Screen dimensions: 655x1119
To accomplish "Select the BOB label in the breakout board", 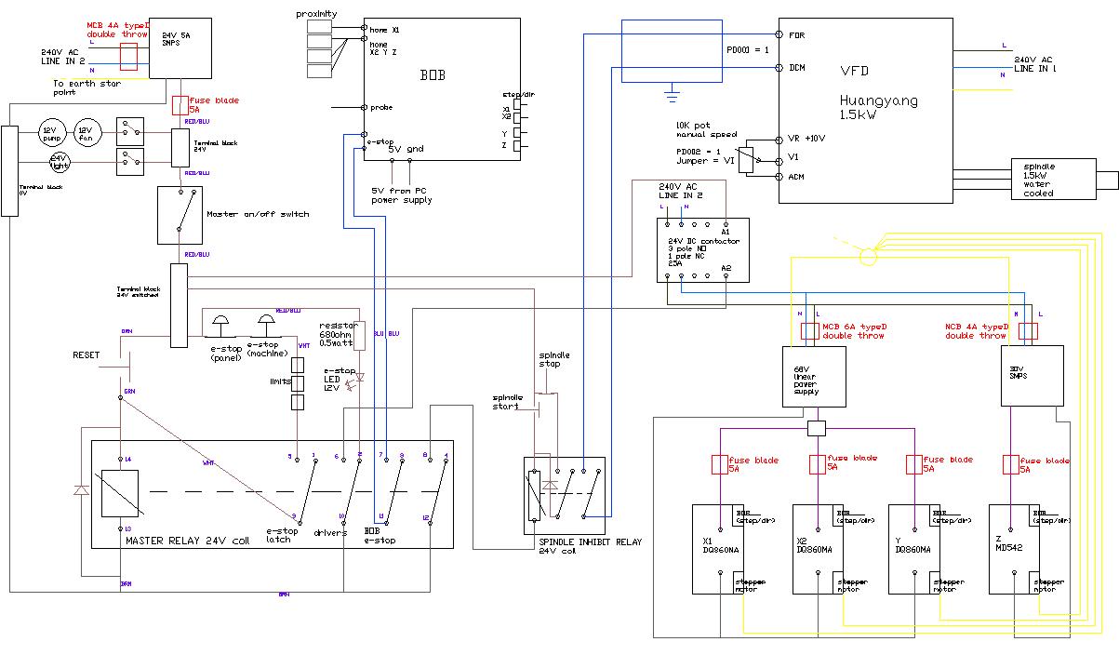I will click(432, 74).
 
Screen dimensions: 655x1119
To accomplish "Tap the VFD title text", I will click(853, 70).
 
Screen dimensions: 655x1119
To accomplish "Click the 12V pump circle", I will click(49, 131).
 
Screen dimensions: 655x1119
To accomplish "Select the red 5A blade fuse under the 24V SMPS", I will click(180, 104).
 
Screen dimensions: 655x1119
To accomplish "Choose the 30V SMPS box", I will click(1031, 376).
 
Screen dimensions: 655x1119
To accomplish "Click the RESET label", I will click(86, 355).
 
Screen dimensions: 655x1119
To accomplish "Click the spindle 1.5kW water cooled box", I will click(1053, 179).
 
